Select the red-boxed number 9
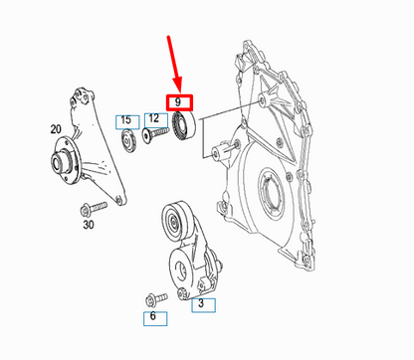point(178,101)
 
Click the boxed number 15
point(125,120)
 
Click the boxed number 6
point(152,317)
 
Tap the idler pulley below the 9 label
point(183,127)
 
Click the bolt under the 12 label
point(156,138)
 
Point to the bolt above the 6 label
point(153,295)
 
